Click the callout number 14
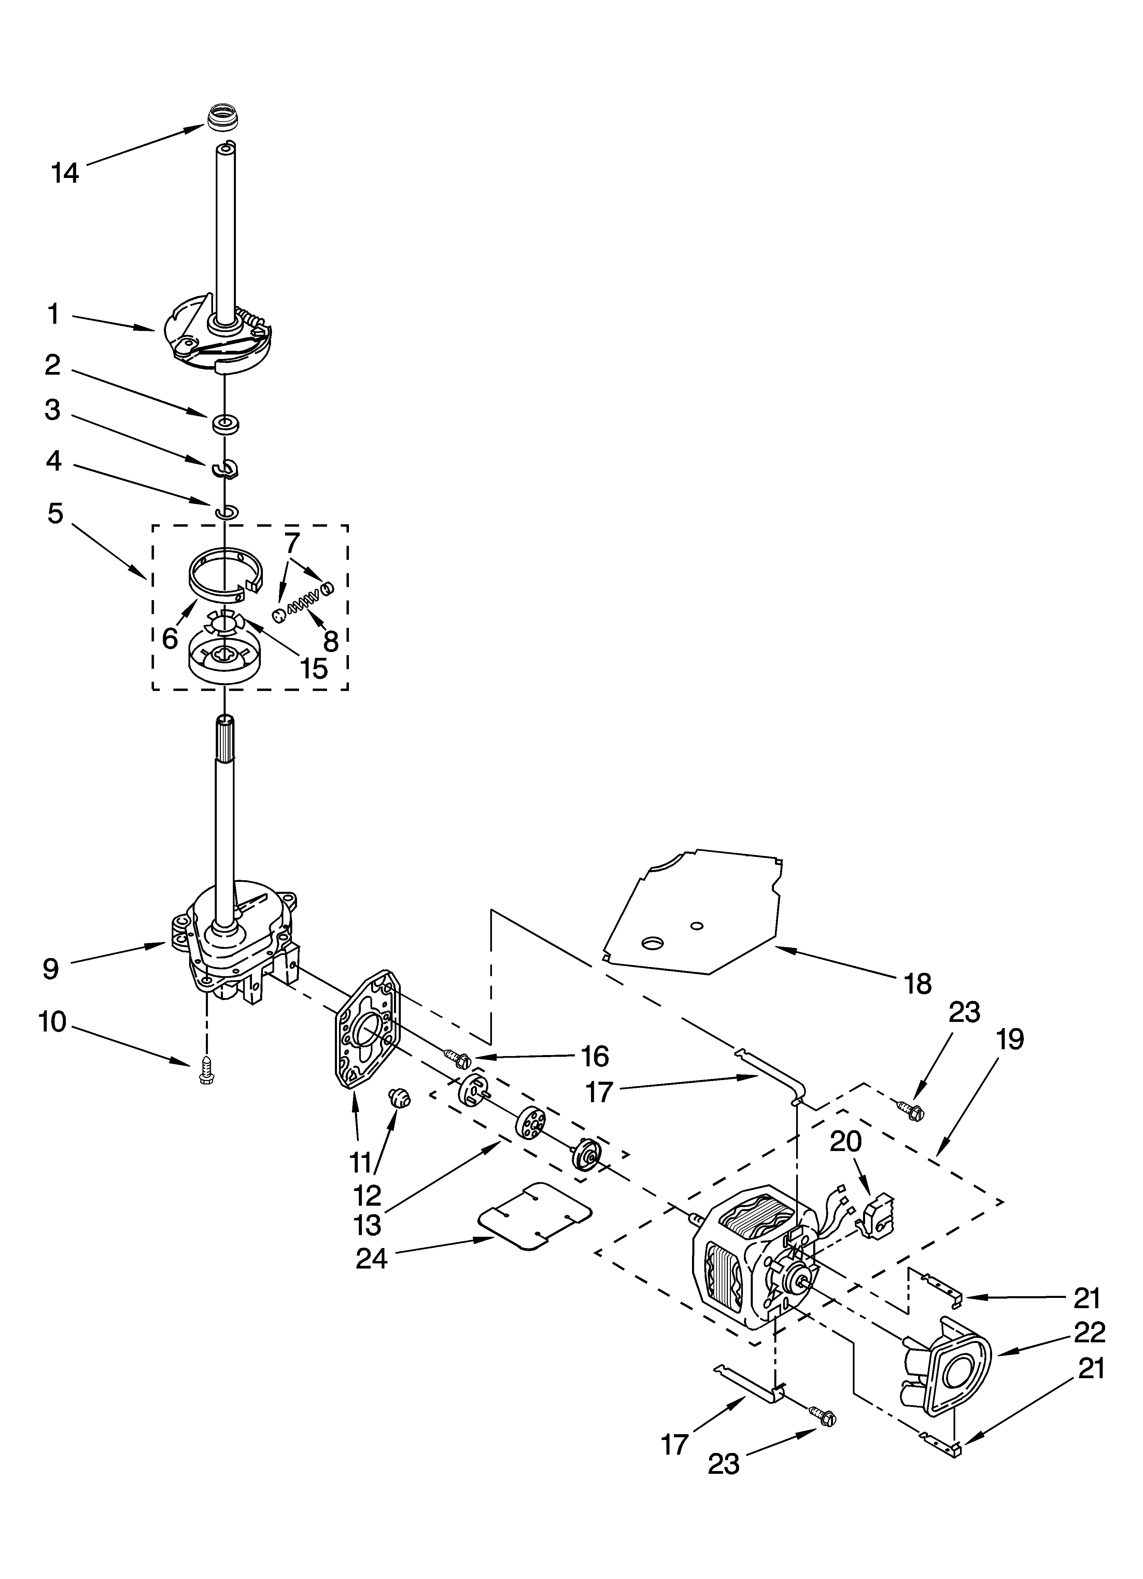pos(66,173)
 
